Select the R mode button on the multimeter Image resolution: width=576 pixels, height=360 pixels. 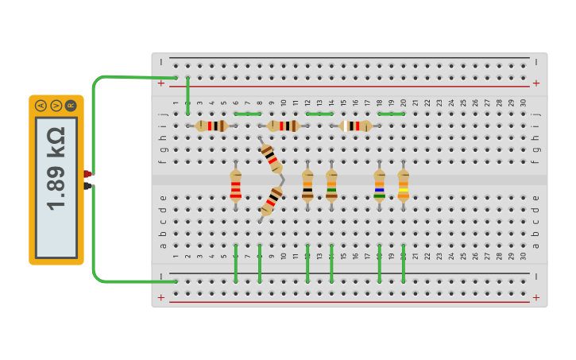coord(71,105)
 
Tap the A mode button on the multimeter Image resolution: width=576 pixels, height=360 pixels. coord(41,105)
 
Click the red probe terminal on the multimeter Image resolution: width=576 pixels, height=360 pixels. coord(88,174)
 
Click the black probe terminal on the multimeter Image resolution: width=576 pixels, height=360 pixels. coord(88,185)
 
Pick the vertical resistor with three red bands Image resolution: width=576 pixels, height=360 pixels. coord(236,186)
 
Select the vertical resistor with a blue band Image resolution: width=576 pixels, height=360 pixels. coord(380,186)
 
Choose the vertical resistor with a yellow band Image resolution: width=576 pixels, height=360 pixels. coord(404,186)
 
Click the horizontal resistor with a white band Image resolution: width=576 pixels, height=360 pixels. coord(355,126)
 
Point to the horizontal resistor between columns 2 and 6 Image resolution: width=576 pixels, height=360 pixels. coord(211,126)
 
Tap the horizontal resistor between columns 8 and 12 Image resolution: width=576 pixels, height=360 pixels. coord(284,126)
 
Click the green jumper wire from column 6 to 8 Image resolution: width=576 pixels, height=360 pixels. coord(248,114)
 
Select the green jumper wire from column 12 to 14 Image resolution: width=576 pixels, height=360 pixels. coord(319,114)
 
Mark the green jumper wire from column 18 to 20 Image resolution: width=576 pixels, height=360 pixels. coord(392,114)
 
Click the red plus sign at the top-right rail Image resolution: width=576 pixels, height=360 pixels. coord(535,83)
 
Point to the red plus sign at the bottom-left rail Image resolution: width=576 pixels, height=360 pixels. coord(161,297)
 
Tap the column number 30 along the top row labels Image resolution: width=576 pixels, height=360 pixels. coord(523,103)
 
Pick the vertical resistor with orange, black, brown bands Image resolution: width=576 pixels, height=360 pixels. coord(307,186)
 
